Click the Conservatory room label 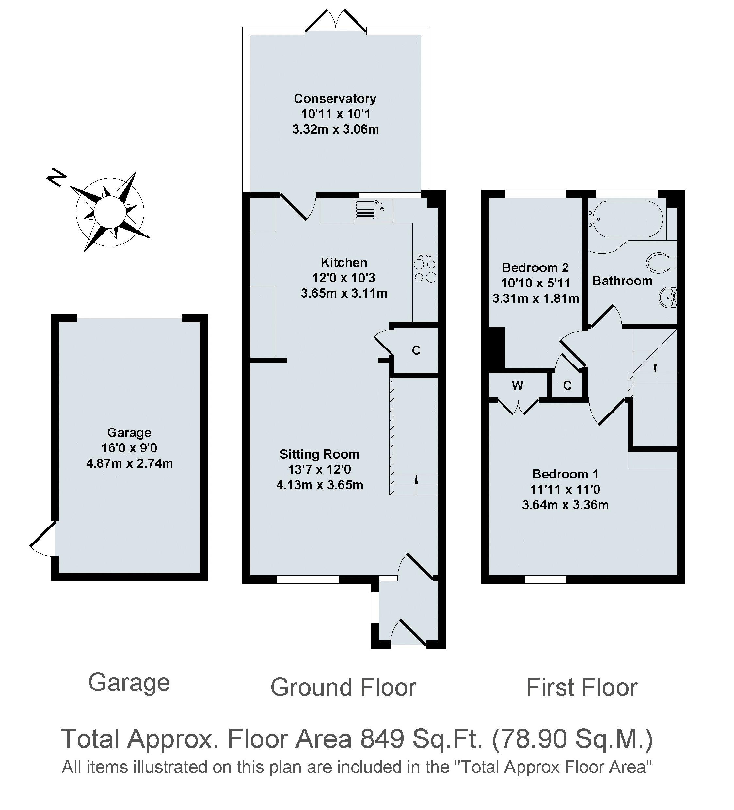point(335,98)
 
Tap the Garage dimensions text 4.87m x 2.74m point(129,464)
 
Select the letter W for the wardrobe point(518,386)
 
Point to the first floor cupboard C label point(567,386)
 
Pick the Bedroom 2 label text point(535,267)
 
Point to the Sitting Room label point(319,454)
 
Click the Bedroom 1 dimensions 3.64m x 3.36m point(565,505)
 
